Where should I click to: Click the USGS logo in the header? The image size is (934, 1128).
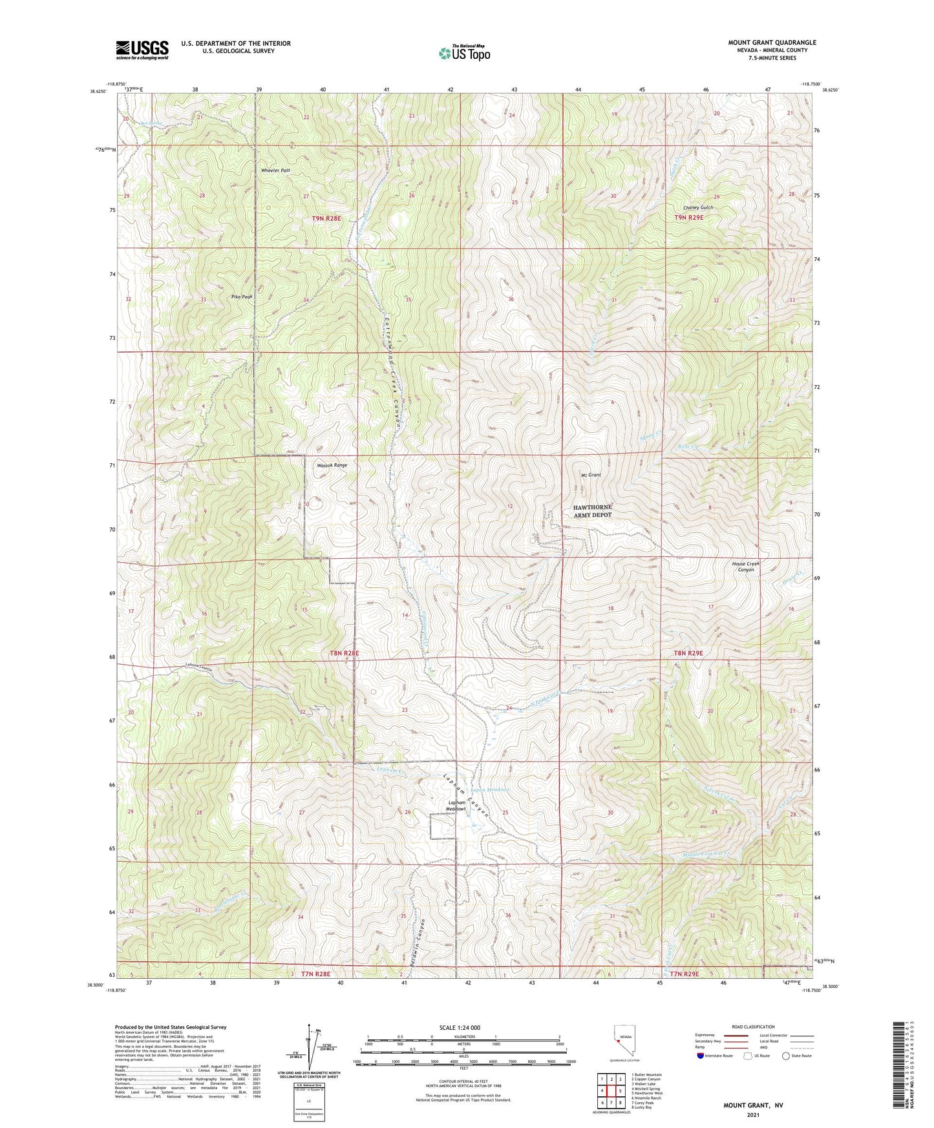(x=142, y=49)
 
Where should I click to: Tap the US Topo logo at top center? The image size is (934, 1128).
(x=464, y=53)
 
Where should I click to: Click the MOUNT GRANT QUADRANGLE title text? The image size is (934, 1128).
(x=772, y=43)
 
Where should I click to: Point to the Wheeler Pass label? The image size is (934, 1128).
(x=275, y=170)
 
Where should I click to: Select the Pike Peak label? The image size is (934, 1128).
(x=242, y=297)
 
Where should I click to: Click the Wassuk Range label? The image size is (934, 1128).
(x=332, y=465)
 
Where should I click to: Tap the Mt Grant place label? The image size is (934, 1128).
(x=591, y=475)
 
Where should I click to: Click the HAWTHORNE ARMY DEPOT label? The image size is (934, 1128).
(x=592, y=511)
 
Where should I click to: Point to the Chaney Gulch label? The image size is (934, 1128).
(x=698, y=207)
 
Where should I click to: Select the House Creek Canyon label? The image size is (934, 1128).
(x=745, y=567)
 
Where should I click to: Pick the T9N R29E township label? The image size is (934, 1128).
(x=688, y=218)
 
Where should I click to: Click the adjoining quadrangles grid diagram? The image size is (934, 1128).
(x=610, y=1091)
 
